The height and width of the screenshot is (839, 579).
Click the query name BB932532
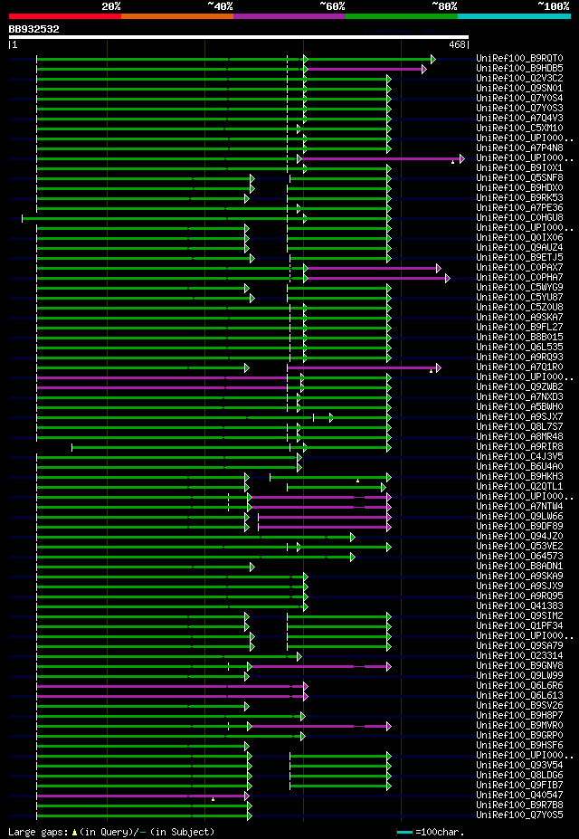tap(34, 29)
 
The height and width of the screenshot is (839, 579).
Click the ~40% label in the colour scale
tap(220, 6)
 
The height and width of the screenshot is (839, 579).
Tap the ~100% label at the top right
tap(553, 6)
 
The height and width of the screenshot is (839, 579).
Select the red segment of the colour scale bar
tap(64, 16)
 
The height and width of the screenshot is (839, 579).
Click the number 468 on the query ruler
tap(457, 44)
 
